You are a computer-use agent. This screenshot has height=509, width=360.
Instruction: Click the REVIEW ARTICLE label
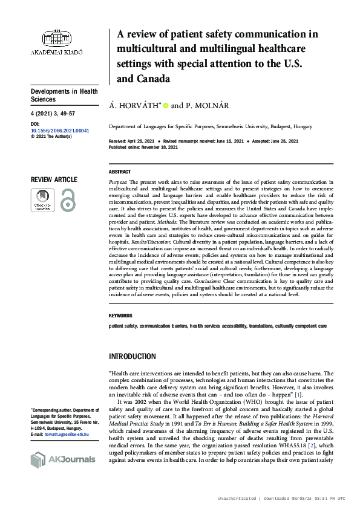click(x=54, y=180)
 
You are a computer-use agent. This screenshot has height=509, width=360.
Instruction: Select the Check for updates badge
click(x=42, y=199)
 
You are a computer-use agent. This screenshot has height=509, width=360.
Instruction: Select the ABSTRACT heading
click(x=120, y=172)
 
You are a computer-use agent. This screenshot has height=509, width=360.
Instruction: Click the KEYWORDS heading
click(x=121, y=316)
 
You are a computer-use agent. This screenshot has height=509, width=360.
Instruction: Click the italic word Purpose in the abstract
click(x=118, y=181)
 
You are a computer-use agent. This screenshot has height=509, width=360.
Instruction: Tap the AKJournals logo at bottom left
click(x=62, y=460)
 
